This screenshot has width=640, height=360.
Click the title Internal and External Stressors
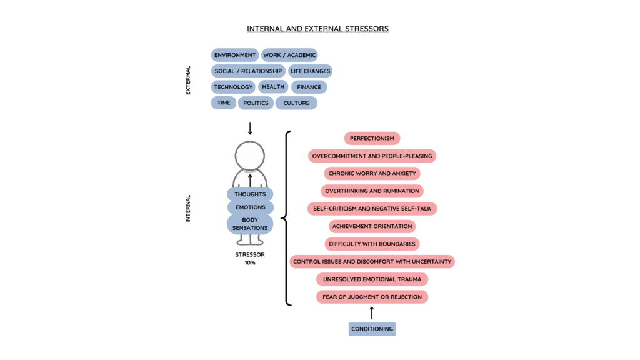(x=317, y=29)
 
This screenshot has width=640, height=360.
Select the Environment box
(x=235, y=55)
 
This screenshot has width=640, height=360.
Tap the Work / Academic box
(x=289, y=55)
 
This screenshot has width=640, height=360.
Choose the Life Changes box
(x=310, y=71)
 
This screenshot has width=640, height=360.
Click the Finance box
(x=309, y=87)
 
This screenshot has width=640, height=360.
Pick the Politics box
(x=256, y=103)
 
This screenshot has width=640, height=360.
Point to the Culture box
(x=296, y=103)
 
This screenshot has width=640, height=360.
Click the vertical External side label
(x=188, y=80)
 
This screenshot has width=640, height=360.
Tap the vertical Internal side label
(x=188, y=209)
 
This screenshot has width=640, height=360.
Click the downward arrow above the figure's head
(x=250, y=128)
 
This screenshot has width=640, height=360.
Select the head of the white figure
(x=249, y=156)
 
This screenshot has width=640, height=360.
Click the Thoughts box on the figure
(x=250, y=194)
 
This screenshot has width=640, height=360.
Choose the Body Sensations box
(x=250, y=224)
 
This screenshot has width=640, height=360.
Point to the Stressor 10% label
(x=249, y=259)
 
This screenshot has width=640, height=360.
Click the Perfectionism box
(x=372, y=138)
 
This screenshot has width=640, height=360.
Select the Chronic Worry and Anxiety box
(x=372, y=173)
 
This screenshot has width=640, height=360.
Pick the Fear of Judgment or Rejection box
(x=372, y=296)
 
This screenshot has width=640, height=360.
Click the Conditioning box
(x=372, y=329)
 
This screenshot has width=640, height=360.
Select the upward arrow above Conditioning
(x=372, y=312)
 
